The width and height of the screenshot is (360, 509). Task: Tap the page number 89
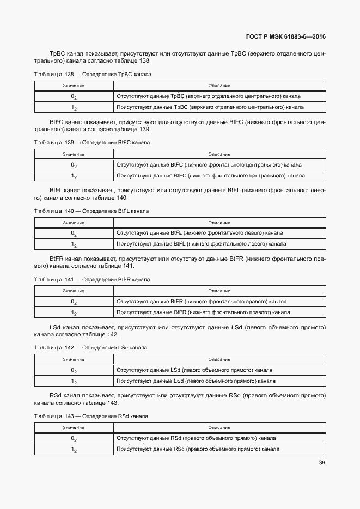(x=322, y=463)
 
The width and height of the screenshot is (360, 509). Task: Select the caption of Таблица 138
(x=93, y=74)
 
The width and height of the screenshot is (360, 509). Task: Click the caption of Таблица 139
(x=92, y=143)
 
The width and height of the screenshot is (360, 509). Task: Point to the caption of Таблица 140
(x=91, y=211)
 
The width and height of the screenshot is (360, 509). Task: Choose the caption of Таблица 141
(x=91, y=279)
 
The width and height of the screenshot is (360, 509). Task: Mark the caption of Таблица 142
(x=90, y=347)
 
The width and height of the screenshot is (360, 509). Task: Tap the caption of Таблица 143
(x=91, y=416)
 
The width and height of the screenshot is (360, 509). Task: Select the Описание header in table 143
(x=219, y=427)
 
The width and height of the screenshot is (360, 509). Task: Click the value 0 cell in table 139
(x=74, y=165)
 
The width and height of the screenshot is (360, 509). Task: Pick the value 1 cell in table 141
(x=74, y=313)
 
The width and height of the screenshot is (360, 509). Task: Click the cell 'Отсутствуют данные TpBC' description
(x=209, y=96)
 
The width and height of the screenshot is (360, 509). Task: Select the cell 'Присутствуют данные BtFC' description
(x=210, y=176)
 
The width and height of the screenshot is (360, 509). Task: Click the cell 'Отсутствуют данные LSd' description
(x=194, y=370)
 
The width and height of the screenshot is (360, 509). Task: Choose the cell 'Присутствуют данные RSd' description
(x=198, y=449)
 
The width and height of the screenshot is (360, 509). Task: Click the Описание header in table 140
(x=219, y=222)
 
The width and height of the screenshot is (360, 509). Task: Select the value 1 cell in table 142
(x=74, y=381)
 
